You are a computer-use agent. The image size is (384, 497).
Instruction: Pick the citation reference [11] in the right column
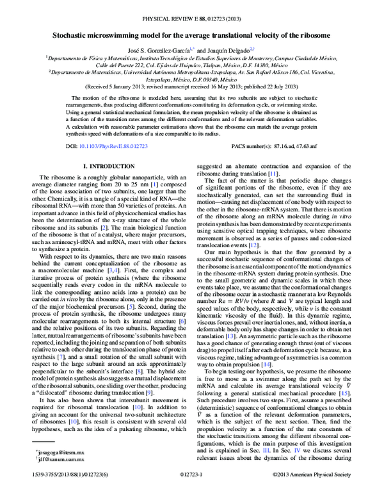tap(273, 191)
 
